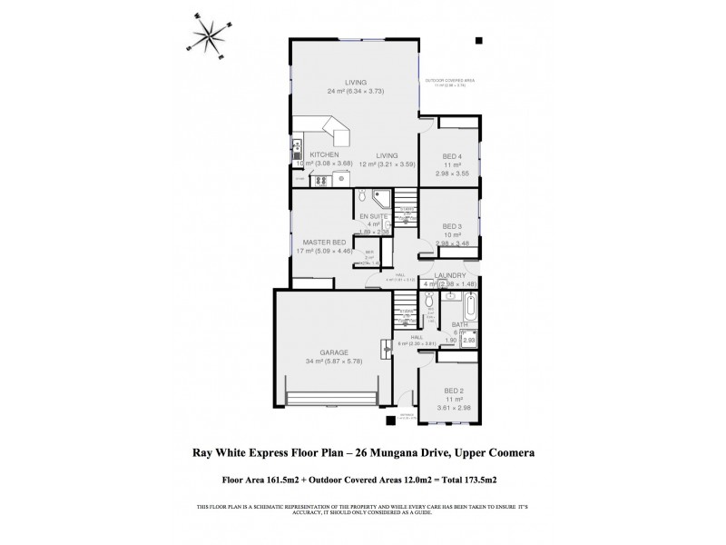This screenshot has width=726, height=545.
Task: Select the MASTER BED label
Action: [x=326, y=243]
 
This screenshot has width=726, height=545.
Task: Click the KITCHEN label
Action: [x=324, y=154]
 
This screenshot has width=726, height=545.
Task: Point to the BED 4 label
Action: [x=453, y=154]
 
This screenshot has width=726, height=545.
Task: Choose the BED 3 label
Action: [x=453, y=226]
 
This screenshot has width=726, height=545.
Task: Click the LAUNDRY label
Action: [x=450, y=275]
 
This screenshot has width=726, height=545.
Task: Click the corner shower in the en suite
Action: [x=383, y=195]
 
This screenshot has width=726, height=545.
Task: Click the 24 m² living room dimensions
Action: [x=355, y=92]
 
